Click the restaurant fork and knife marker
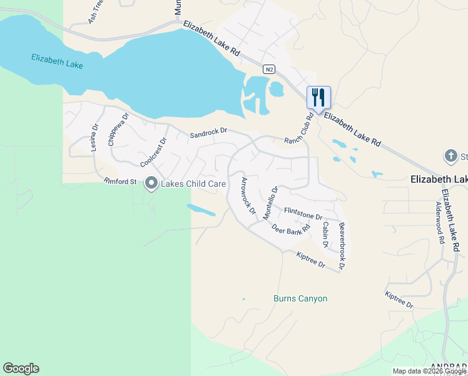coord(318,97)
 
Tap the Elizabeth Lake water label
coord(58,61)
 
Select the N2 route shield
coord(269,69)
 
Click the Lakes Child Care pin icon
coord(151,184)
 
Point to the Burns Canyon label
coord(300,299)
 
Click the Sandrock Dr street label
coord(208,133)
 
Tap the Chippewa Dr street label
coord(118,129)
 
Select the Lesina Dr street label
coord(94,137)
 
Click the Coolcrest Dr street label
coord(154,152)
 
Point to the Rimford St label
coord(120,182)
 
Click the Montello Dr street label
coord(270,202)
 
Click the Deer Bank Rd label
coord(292,230)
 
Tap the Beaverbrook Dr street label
coord(342,246)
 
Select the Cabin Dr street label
coord(325,233)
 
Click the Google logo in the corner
coord(21,368)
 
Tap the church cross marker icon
coord(450,155)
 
